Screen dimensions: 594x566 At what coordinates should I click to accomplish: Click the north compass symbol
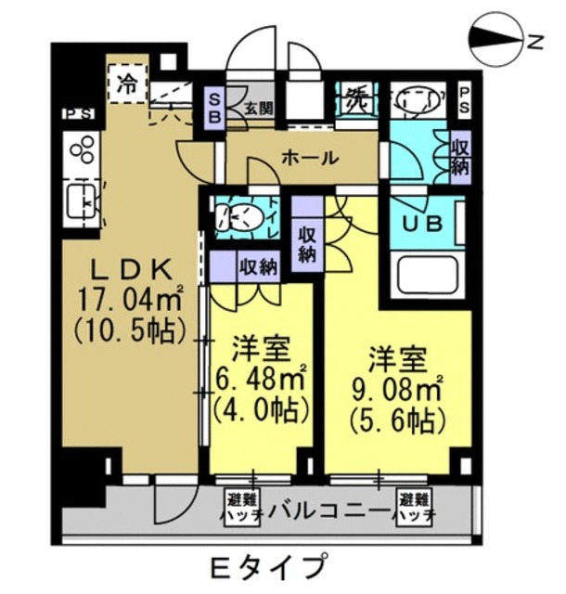click(498, 39)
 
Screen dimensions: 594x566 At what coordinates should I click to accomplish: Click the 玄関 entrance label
click(258, 107)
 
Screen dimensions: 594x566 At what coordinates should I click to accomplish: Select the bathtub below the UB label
click(428, 275)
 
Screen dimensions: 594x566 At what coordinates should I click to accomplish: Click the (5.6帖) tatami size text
click(394, 420)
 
